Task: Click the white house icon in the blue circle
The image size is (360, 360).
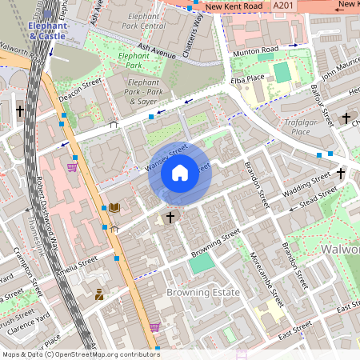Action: (x=180, y=172)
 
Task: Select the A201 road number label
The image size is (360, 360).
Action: (x=305, y=6)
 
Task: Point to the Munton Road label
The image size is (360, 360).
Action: (x=255, y=51)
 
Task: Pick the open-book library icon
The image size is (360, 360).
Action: (x=114, y=207)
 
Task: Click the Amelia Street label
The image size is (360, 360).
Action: (x=76, y=265)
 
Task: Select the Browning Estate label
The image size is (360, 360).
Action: (x=203, y=293)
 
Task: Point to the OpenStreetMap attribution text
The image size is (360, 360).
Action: (x=80, y=354)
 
